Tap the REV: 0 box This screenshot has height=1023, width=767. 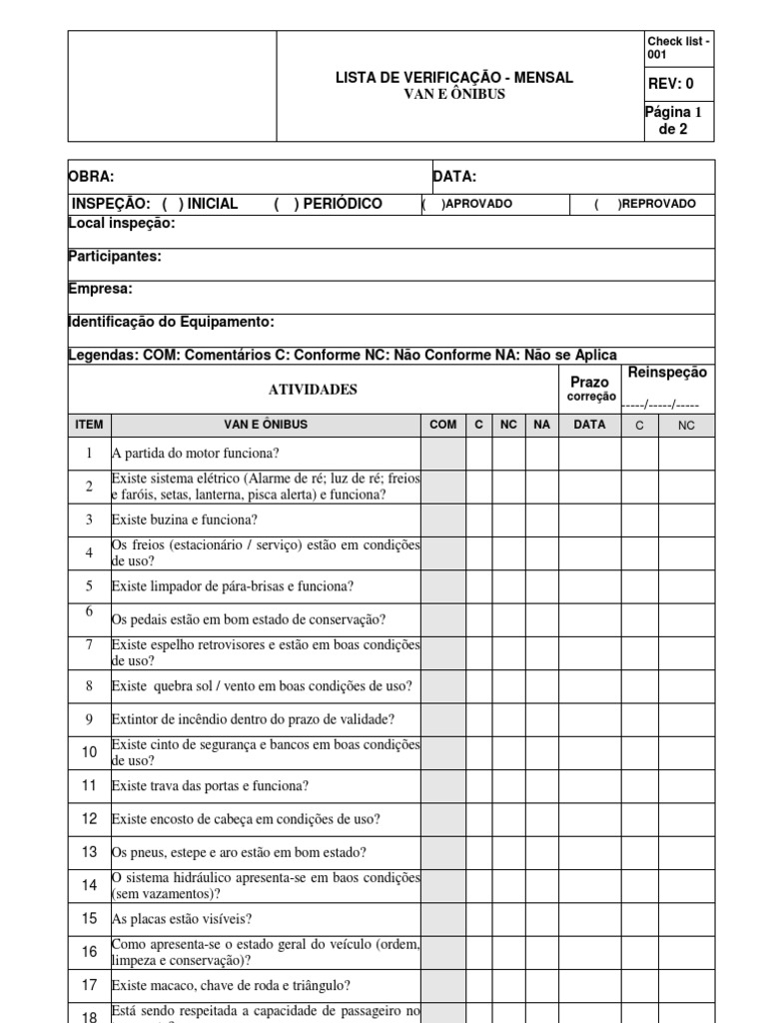pos(670,84)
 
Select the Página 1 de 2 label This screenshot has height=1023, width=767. pos(674,120)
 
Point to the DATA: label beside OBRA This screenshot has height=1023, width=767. pos(454,177)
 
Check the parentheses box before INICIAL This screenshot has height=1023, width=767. pos(171,204)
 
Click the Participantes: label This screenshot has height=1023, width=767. pos(114,257)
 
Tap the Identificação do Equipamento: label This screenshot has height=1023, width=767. pos(170,322)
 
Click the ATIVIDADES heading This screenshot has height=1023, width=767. pos(316,390)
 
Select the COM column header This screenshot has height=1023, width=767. pos(442,425)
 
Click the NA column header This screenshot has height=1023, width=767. pos(542,425)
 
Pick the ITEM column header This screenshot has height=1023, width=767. pos(89,425)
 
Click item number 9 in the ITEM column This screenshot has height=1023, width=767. pos(89,718)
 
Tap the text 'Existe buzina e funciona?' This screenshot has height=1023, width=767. pos(185,519)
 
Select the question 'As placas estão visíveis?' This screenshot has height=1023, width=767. pos(182,918)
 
